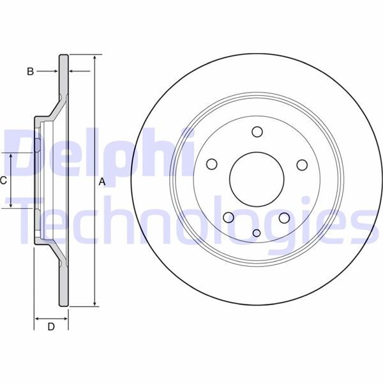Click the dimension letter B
point(29,71)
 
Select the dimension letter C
point(4,181)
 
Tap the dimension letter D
point(51,327)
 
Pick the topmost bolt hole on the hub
point(257,132)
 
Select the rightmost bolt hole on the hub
point(302,165)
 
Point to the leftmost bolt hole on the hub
point(211,164)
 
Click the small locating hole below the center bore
point(257,232)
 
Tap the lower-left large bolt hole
point(228,218)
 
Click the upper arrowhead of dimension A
point(94,58)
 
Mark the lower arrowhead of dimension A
point(94,304)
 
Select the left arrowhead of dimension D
point(37,317)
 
